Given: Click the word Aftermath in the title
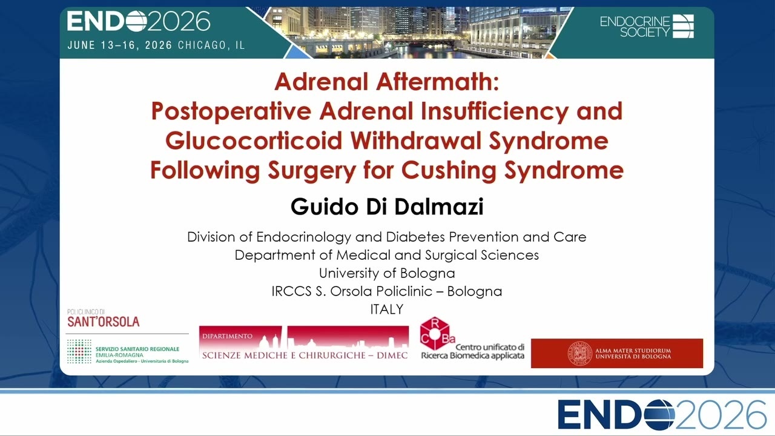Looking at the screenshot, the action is (x=438, y=82).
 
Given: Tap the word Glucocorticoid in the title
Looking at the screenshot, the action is (x=254, y=140).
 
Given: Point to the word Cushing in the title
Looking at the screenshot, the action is (x=449, y=170).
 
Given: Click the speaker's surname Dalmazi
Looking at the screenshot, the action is (x=439, y=206).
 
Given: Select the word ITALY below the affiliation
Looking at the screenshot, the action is (x=387, y=309).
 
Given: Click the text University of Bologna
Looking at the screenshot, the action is (x=387, y=273).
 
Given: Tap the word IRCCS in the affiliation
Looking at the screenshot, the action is (x=291, y=291).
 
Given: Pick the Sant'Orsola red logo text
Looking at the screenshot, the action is (x=104, y=322).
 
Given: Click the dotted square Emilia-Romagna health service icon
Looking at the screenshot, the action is (x=79, y=352).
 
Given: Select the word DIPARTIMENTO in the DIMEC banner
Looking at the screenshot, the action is (x=227, y=336).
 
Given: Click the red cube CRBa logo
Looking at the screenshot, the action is (x=435, y=334).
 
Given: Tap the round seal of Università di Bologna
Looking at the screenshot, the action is (x=580, y=353).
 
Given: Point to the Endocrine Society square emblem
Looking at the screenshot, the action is (x=684, y=26).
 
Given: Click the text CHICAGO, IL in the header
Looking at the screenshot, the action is (x=211, y=45).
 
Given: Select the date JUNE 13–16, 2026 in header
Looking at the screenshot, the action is (x=120, y=45).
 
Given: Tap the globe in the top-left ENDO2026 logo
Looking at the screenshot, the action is (x=136, y=21).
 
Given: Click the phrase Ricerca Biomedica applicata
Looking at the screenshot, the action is (x=473, y=355).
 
